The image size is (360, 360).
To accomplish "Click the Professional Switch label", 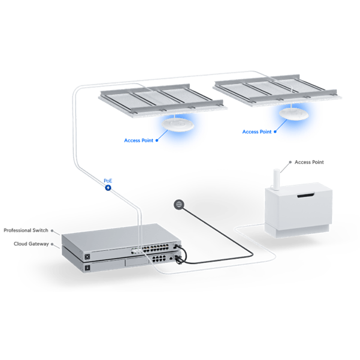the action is click(x=26, y=230).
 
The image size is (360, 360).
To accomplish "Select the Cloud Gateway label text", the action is click(x=31, y=244).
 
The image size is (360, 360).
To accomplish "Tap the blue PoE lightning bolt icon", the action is click(x=108, y=188).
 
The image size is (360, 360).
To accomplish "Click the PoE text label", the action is click(x=108, y=181).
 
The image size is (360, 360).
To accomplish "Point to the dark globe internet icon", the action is click(x=179, y=204).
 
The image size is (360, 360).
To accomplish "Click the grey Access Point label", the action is click(x=309, y=162).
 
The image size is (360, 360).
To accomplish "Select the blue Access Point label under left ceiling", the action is click(x=139, y=141).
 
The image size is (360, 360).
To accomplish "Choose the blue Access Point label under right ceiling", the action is click(x=257, y=132).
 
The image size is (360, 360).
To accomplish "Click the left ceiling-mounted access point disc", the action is click(x=177, y=125).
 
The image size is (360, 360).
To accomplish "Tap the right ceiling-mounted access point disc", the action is click(x=293, y=114).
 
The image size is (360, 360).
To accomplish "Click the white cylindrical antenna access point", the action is click(x=277, y=180).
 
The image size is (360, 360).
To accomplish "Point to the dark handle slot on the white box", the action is click(x=305, y=196).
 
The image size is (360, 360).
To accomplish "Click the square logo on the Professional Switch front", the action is click(x=87, y=257).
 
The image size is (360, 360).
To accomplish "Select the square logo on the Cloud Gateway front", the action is click(x=87, y=267).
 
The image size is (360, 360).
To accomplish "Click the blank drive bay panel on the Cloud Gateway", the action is click(x=137, y=262).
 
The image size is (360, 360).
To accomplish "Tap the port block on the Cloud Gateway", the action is click(x=159, y=258).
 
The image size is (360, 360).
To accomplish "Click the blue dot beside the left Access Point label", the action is click(x=157, y=141).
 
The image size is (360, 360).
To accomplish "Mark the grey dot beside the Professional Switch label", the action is click(x=52, y=230).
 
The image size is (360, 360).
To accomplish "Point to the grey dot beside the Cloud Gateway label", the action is click(x=52, y=244).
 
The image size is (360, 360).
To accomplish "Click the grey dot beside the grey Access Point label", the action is click(x=290, y=162).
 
